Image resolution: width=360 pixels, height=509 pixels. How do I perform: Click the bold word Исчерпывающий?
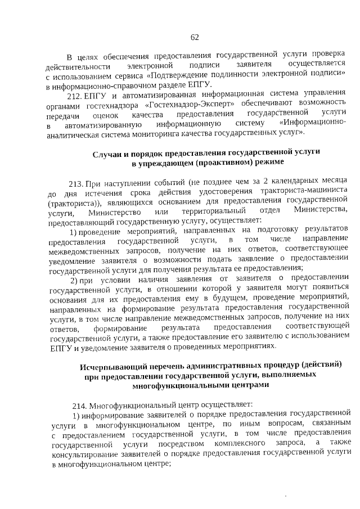pos(112,366)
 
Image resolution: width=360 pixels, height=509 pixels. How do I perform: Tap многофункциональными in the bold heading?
pos(178,386)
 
